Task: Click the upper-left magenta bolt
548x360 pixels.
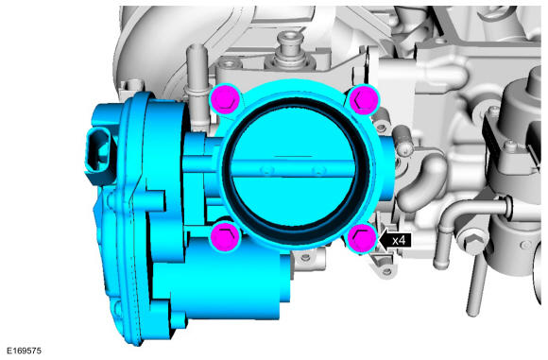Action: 225,99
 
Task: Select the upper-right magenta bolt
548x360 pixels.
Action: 364,99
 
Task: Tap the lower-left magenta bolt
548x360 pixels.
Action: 225,236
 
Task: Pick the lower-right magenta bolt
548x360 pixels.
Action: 364,238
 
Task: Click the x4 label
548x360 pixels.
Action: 399,240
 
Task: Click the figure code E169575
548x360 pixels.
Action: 25,351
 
